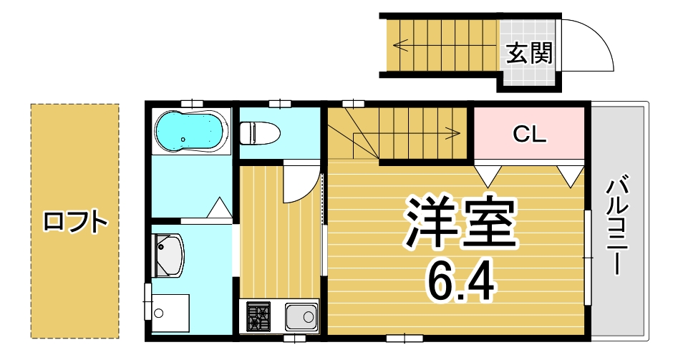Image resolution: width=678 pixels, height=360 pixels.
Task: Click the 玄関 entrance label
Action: coord(530,53)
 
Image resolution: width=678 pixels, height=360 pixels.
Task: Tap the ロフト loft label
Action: coord(74,221)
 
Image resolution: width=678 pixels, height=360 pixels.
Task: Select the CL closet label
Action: coord(529,134)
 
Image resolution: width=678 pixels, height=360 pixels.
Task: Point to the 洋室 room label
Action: coord(460,223)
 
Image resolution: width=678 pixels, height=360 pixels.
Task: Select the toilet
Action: coord(259,132)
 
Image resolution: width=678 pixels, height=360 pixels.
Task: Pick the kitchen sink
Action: coord(301,317)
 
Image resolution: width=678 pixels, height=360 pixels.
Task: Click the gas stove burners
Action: coord(258,317)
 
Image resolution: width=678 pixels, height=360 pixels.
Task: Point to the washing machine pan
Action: coord(170,313)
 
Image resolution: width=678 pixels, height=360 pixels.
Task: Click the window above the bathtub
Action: coord(192,104)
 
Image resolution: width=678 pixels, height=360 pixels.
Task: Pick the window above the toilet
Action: coord(280,104)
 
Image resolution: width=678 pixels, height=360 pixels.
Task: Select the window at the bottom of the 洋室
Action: coord(405,338)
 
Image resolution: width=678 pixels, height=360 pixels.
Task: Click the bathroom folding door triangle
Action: coord(220,208)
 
